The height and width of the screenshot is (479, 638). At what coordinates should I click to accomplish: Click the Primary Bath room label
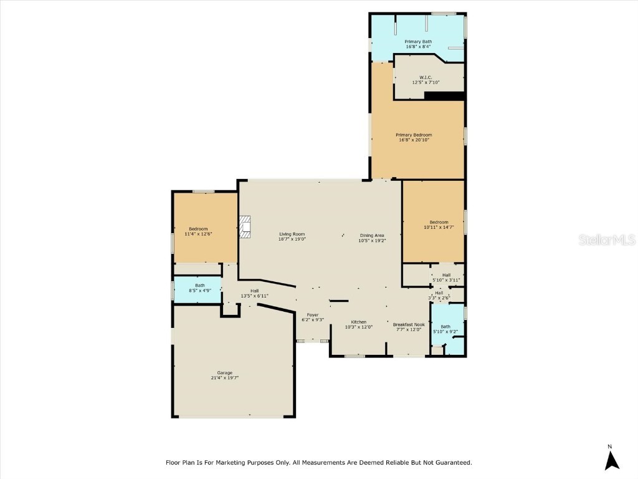(417, 42)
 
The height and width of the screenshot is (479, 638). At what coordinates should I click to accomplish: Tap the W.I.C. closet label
(426, 77)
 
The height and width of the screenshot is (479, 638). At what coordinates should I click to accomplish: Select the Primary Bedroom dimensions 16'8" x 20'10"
(415, 140)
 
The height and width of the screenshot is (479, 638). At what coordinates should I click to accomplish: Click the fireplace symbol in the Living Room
(245, 228)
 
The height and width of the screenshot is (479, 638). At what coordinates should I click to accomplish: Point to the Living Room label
(292, 234)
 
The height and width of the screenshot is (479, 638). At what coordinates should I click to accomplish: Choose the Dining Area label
(372, 235)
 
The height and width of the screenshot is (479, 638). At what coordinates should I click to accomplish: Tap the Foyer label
(313, 316)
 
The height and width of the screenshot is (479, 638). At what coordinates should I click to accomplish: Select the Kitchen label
(358, 322)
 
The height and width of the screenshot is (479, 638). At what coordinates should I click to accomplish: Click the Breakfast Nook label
(409, 324)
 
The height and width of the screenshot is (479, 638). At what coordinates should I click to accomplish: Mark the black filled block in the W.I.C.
(444, 95)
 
